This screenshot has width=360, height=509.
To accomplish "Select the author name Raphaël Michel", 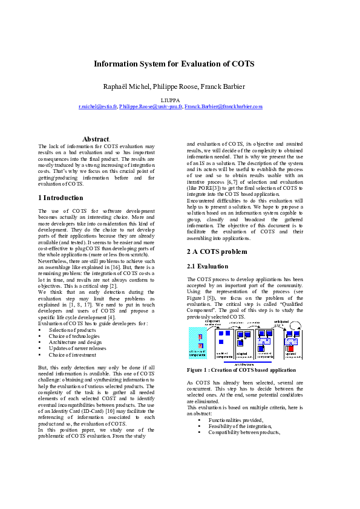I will tap(125, 87).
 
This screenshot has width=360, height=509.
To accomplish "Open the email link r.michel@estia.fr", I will tap(98, 106).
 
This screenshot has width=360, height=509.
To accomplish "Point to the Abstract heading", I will tap(96, 139).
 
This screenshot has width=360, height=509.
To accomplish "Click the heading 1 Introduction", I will tap(61, 198).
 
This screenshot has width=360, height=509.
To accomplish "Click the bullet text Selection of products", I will tap(73, 331).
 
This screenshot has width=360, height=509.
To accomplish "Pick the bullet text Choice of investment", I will tap(73, 355).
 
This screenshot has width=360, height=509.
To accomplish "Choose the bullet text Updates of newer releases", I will tap(77, 349).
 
